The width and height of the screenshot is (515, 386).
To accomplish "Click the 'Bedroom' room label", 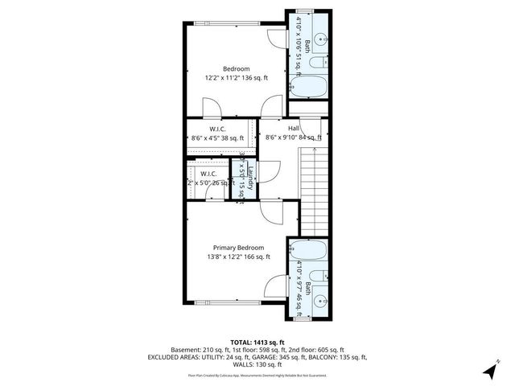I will click(237, 68).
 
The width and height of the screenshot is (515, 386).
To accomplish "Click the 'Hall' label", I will click(294, 129).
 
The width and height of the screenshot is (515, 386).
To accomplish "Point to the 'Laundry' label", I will click(250, 179).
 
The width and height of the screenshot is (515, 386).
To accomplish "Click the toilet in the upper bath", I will click(319, 61).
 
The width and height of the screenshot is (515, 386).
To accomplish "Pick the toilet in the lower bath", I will click(319, 275).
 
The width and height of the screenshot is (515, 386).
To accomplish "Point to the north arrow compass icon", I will click(488, 370).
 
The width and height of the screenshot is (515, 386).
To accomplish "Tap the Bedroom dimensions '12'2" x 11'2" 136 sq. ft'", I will click(237, 78).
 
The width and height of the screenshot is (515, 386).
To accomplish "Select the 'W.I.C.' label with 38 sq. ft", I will click(217, 129).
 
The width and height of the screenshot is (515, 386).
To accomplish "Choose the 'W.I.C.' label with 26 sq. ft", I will click(208, 173).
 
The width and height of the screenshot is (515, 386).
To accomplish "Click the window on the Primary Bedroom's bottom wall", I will click(237, 302).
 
